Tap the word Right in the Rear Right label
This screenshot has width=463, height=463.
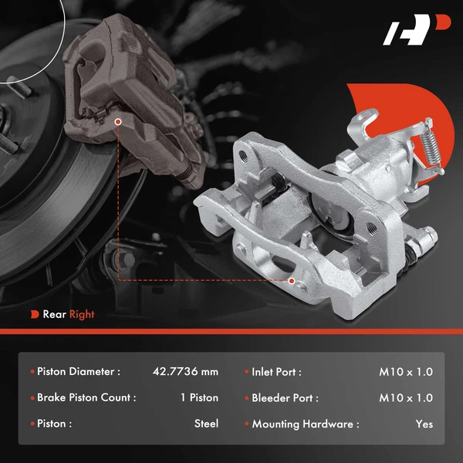pos(82,314)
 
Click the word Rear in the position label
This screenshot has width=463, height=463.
pos(54,314)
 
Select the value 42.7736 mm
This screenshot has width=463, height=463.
pos(185,372)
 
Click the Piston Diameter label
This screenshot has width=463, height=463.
pos(79,372)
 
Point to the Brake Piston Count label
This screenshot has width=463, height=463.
pos(86,398)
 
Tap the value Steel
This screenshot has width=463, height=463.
pos(206,424)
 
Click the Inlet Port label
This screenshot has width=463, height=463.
pos(276,372)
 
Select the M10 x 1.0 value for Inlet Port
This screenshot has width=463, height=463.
pos(406,372)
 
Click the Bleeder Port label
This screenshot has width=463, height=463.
pos(285,398)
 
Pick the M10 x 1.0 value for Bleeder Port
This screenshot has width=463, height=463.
pos(406,398)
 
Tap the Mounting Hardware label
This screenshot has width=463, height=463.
pos(306,424)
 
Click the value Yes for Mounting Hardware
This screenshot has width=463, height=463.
pos(424,424)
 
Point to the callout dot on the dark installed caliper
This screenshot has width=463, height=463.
pos(117,121)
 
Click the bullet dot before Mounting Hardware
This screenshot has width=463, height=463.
pos(246,424)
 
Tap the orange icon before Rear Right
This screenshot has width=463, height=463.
pos(35,314)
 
